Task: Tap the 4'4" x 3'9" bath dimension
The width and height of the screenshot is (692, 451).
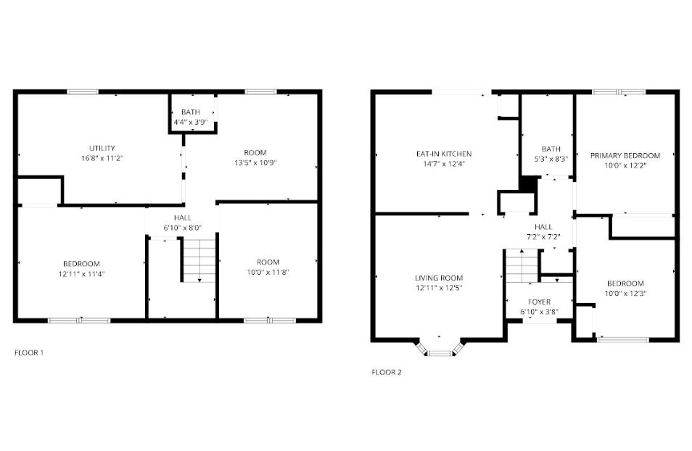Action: pyautogui.click(x=191, y=123)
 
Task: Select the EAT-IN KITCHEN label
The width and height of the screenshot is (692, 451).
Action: pyautogui.click(x=444, y=154)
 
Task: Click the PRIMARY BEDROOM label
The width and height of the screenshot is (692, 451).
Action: pyautogui.click(x=625, y=155)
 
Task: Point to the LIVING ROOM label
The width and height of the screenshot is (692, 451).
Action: pyautogui.click(x=439, y=278)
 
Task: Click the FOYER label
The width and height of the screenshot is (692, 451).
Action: pyautogui.click(x=539, y=302)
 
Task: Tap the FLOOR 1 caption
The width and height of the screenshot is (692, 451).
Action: pyautogui.click(x=29, y=353)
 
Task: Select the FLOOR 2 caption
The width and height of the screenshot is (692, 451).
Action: pyautogui.click(x=386, y=373)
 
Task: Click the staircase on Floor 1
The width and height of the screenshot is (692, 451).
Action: pyautogui.click(x=198, y=262)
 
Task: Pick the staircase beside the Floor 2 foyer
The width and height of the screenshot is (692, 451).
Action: pyautogui.click(x=521, y=267)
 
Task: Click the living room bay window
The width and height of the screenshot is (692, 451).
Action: pyautogui.click(x=440, y=352)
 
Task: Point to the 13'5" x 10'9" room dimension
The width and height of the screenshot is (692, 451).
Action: pyautogui.click(x=255, y=162)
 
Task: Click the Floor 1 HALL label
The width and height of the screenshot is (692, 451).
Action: pyautogui.click(x=182, y=218)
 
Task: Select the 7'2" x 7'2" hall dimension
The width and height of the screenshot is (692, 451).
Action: pyautogui.click(x=544, y=237)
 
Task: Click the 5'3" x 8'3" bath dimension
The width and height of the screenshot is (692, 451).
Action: pyautogui.click(x=551, y=159)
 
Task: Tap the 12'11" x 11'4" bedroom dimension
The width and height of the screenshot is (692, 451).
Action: pyautogui.click(x=81, y=273)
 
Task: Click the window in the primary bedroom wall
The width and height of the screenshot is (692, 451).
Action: pyautogui.click(x=618, y=92)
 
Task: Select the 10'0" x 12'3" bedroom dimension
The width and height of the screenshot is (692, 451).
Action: pyautogui.click(x=625, y=293)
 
